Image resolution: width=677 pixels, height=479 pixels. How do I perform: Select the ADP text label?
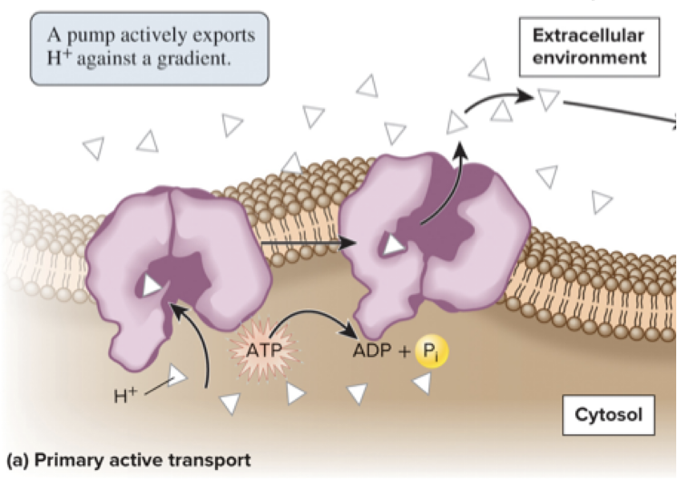click(x=369, y=352)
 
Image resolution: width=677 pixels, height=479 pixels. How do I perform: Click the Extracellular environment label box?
click(x=590, y=46)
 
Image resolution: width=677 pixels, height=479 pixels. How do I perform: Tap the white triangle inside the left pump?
click(x=150, y=284)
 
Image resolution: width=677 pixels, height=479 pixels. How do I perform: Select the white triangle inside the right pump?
click(x=393, y=245)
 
